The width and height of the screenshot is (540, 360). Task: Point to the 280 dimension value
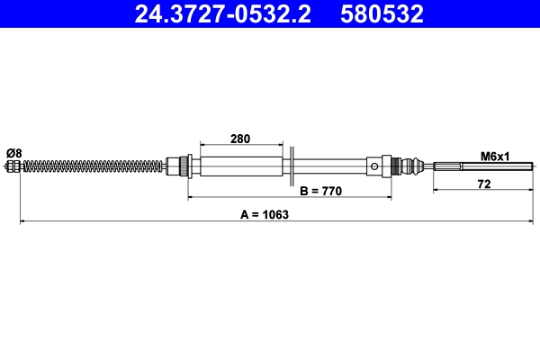(x=240, y=139)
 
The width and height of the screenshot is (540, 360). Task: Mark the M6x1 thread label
(x=495, y=156)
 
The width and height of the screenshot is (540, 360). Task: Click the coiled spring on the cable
(x=90, y=166)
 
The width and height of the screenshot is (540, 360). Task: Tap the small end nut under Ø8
(x=13, y=166)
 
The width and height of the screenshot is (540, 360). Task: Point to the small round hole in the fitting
(x=373, y=166)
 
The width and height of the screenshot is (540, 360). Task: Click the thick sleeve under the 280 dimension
(x=240, y=166)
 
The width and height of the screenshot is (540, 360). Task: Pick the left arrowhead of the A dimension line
(x=22, y=221)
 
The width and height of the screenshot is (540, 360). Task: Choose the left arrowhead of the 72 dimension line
(x=436, y=190)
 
